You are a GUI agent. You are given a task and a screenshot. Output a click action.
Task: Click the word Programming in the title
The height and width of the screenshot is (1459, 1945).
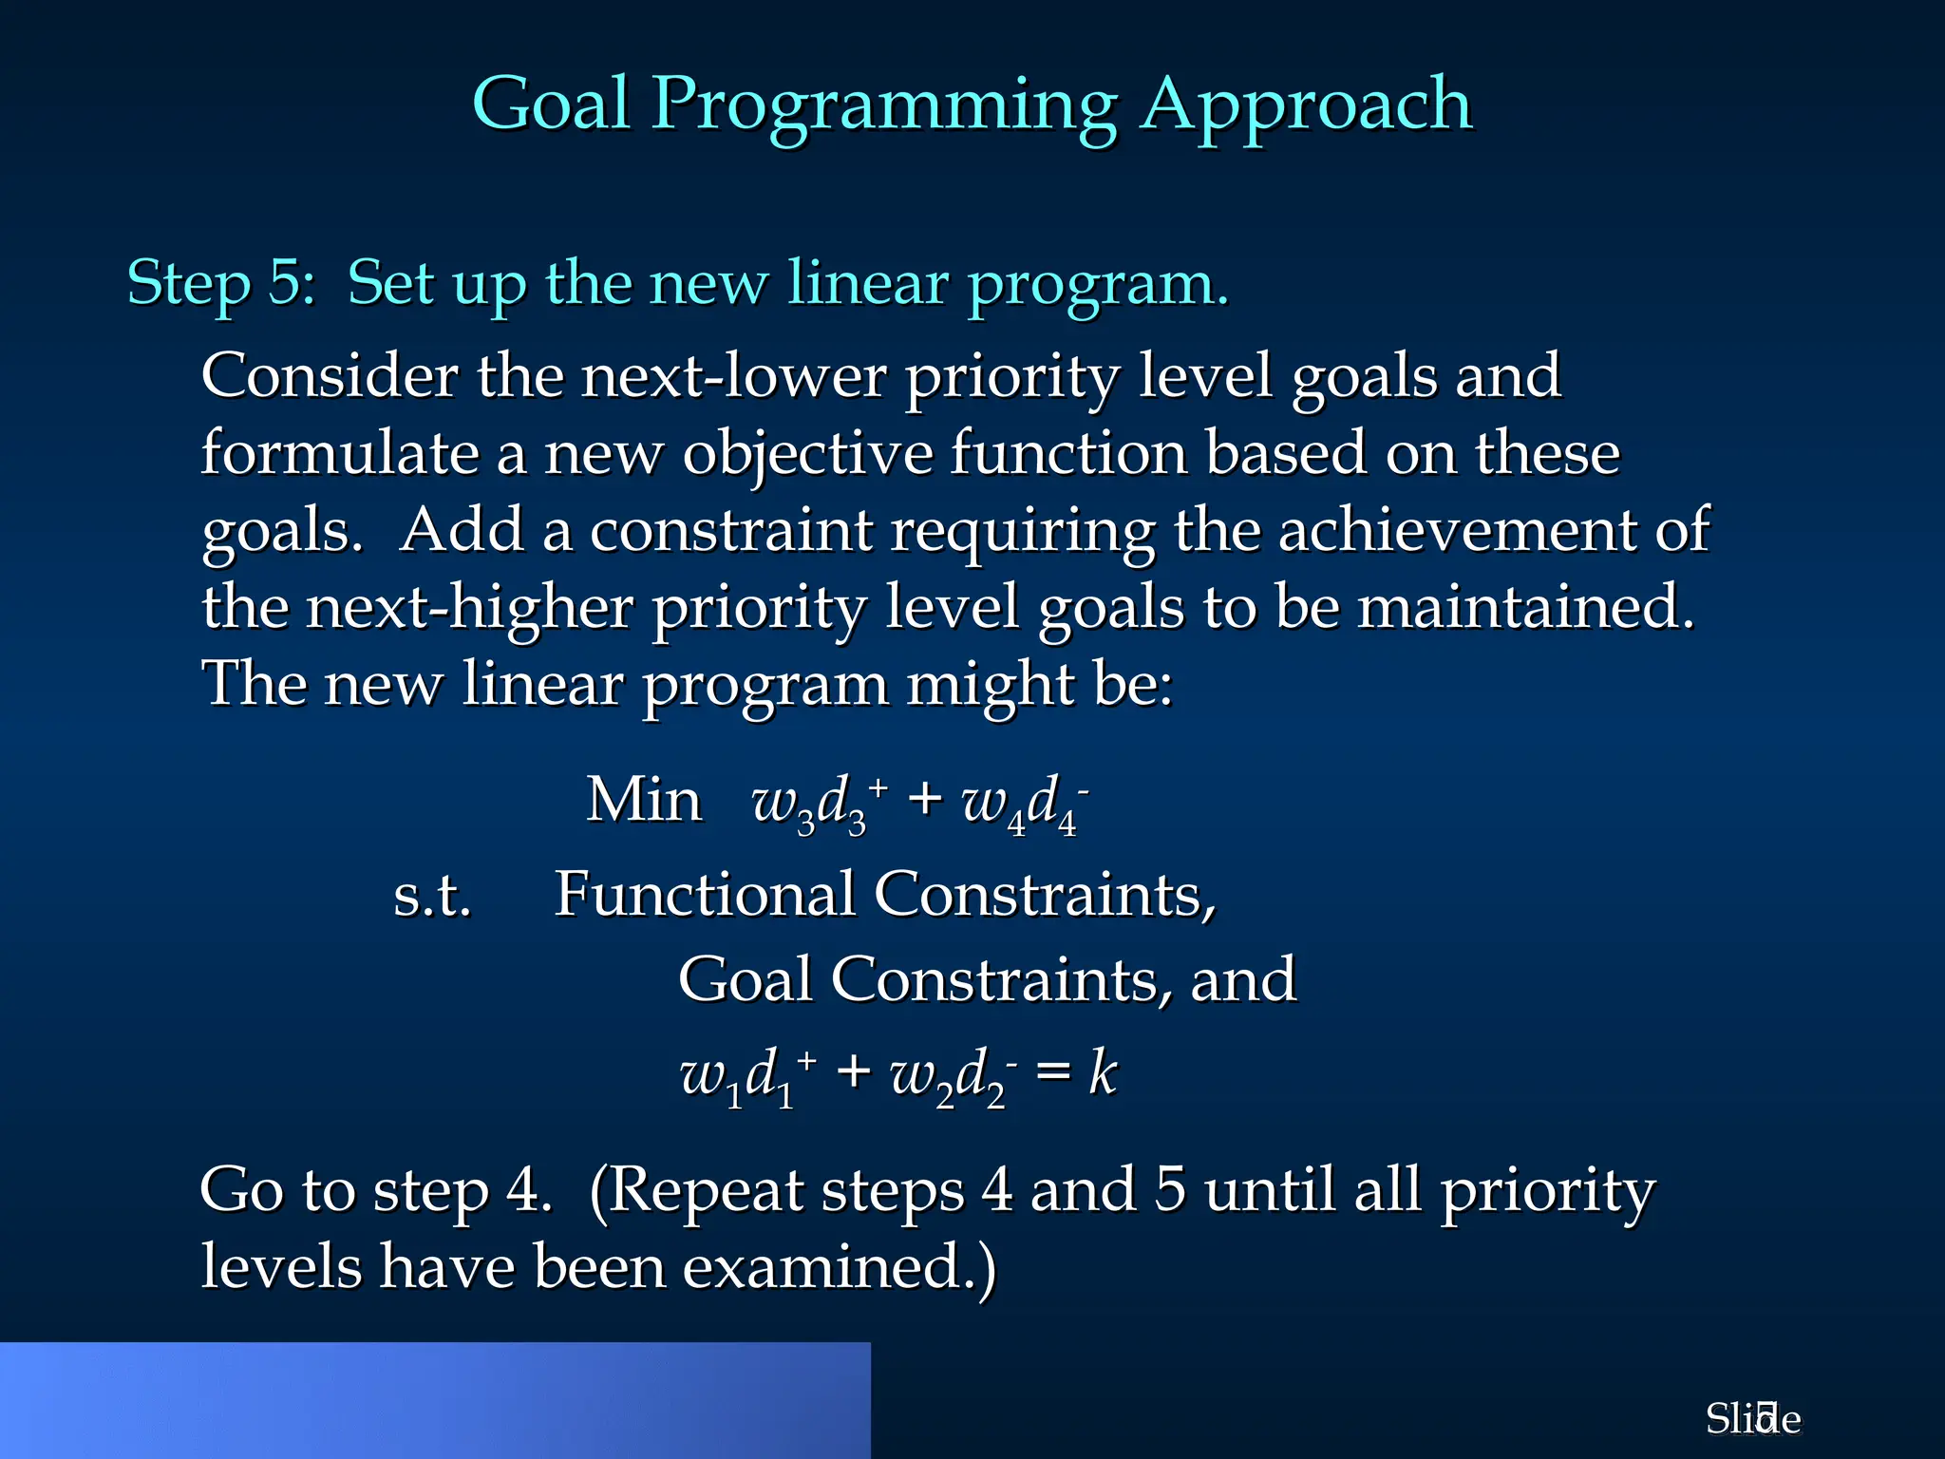[883, 104]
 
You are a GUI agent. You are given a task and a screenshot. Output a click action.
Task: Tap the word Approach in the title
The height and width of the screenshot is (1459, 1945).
[1306, 104]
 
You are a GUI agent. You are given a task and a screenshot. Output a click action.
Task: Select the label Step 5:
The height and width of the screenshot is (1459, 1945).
[221, 282]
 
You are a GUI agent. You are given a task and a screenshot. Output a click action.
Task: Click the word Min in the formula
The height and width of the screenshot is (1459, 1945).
[644, 800]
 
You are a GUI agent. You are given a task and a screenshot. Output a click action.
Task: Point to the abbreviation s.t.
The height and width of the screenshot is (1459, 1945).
[432, 895]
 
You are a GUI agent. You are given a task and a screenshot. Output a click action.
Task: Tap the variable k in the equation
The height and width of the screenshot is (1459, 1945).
[1103, 1073]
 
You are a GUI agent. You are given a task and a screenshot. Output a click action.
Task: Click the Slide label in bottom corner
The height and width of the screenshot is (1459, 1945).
[1752, 1419]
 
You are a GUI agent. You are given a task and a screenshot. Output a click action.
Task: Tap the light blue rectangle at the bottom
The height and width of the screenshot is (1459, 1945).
[435, 1400]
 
